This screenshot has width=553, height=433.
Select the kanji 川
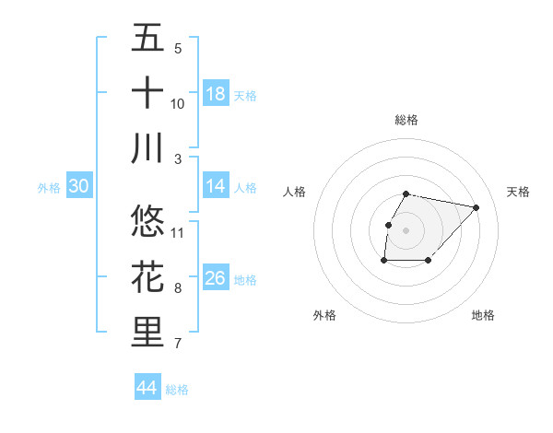pos(147,148)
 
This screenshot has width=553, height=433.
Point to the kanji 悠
pos(147,221)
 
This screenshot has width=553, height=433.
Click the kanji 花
pos(147,277)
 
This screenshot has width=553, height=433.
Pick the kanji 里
pos(147,333)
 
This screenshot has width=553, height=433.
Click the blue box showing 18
pos(216,94)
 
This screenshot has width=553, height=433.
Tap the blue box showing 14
pos(216,186)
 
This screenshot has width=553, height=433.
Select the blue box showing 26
pos(216,279)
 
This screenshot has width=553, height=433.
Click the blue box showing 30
pos(79,187)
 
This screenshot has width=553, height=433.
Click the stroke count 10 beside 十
pos(178,104)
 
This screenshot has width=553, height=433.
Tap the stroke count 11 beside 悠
pos(178,232)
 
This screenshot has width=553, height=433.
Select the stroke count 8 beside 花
pos(178,288)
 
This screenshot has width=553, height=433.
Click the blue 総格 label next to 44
pos(177,390)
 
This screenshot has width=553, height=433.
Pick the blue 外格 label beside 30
pos(49,188)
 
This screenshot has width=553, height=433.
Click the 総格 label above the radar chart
pos(406,120)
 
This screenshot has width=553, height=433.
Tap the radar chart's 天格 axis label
pos(519,192)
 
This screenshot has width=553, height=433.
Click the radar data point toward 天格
pos(476,207)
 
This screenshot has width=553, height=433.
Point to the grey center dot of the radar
pos(406,229)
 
